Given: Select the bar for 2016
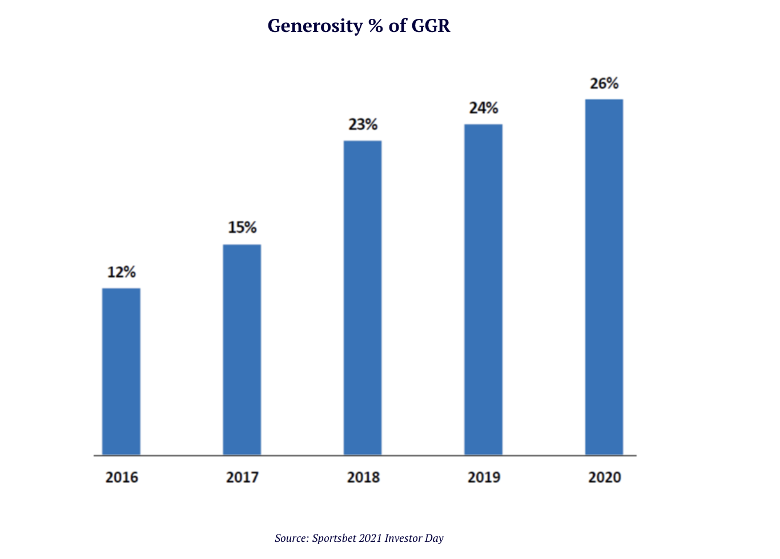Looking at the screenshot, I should click(x=121, y=371).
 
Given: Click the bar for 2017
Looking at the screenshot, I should click(x=242, y=350).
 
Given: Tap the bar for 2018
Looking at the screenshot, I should click(x=363, y=298).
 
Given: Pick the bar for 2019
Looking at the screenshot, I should click(x=483, y=289).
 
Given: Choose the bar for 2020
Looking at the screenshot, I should click(x=604, y=277).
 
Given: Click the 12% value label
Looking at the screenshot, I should click(x=122, y=273).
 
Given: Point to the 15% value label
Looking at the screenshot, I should click(x=242, y=228).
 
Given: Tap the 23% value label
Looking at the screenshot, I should click(x=363, y=124).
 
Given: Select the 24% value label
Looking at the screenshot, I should click(x=484, y=108).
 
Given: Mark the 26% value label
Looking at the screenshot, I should click(x=604, y=84).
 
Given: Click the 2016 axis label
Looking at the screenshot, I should click(x=122, y=477).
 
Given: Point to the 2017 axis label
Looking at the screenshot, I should click(x=242, y=477).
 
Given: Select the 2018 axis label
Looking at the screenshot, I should click(x=363, y=477).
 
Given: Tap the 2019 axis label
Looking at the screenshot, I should click(x=484, y=477).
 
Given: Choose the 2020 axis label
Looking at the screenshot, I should click(x=605, y=477).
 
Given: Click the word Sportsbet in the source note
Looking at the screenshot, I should click(x=333, y=538).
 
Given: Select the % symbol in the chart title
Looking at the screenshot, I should click(x=376, y=26).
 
